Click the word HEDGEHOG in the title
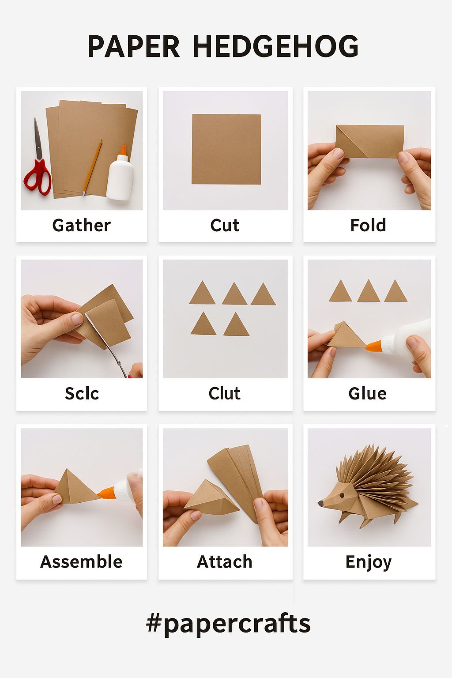click(x=275, y=46)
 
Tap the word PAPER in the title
click(x=133, y=46)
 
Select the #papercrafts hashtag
click(x=228, y=624)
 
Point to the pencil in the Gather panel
click(x=92, y=168)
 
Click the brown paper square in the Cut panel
click(x=226, y=149)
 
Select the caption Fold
click(x=368, y=225)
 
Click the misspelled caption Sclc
click(x=82, y=393)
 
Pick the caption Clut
click(x=224, y=393)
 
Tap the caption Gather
click(x=81, y=225)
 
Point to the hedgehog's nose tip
click(x=319, y=503)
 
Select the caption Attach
click(x=225, y=562)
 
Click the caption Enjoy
click(x=369, y=562)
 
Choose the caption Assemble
click(x=81, y=562)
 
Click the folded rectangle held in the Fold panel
click(x=369, y=141)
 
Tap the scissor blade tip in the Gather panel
click(x=35, y=118)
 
